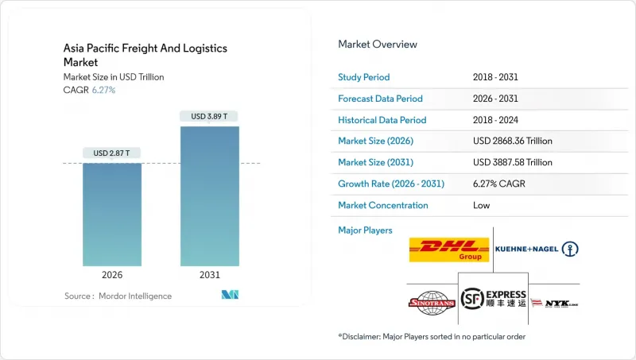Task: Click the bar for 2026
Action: pyautogui.click(x=112, y=215)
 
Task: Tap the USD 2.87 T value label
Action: pyautogui.click(x=112, y=153)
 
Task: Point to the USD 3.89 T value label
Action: pyautogui.click(x=209, y=116)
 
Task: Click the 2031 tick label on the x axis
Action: pyautogui.click(x=209, y=275)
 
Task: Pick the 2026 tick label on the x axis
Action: pyautogui.click(x=112, y=275)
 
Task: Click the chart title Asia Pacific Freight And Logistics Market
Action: pyautogui.click(x=145, y=56)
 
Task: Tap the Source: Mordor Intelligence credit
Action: pyautogui.click(x=118, y=296)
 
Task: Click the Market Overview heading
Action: pyautogui.click(x=378, y=44)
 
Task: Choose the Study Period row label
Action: pyautogui.click(x=364, y=77)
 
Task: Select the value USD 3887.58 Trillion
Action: pyautogui.click(x=512, y=162)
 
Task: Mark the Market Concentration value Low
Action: pyautogui.click(x=481, y=205)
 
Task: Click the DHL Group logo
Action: pyautogui.click(x=449, y=250)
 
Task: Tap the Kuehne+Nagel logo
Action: pyautogui.click(x=537, y=250)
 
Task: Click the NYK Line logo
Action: pyautogui.click(x=553, y=303)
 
